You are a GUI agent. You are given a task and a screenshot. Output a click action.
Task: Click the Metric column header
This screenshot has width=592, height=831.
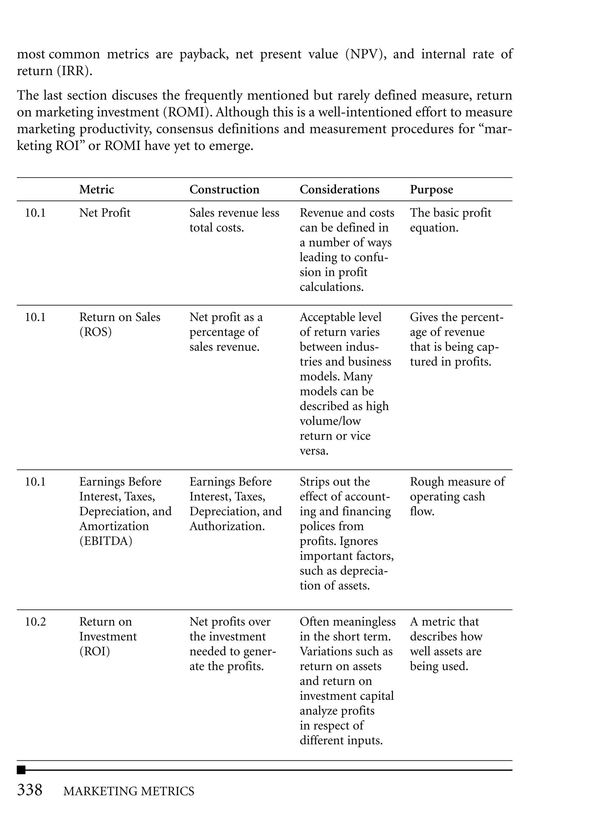tap(97, 190)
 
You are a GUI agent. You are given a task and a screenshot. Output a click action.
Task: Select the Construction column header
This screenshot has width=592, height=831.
tap(224, 190)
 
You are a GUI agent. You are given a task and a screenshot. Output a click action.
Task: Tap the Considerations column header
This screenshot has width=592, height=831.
tap(339, 190)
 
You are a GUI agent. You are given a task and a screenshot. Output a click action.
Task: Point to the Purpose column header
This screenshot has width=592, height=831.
tap(431, 190)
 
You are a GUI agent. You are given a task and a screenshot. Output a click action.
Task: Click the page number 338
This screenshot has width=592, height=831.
tap(30, 790)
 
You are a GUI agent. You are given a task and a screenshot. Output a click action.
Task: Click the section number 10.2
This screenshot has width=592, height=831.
tap(35, 622)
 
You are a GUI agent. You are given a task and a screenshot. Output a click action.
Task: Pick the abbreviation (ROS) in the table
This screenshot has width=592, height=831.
tap(95, 332)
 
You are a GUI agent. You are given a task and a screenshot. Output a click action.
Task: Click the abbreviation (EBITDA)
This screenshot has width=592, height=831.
tap(106, 541)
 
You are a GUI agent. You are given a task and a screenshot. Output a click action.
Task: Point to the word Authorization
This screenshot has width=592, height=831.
tap(227, 526)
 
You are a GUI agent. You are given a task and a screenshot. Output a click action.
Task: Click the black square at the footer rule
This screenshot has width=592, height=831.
tap(21, 770)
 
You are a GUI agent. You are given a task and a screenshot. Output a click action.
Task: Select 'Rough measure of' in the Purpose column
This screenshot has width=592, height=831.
tap(457, 482)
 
